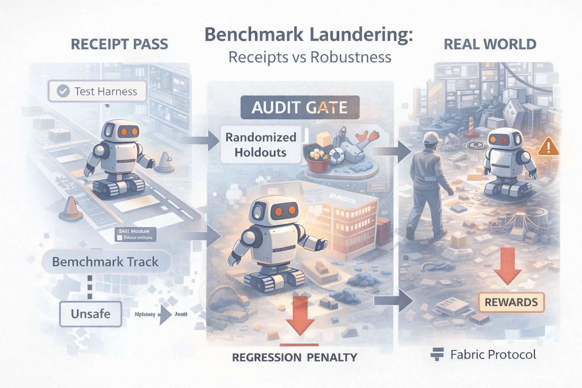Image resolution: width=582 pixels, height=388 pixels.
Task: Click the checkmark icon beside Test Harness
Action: [x=63, y=91]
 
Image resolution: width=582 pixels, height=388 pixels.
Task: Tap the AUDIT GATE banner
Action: [x=299, y=108]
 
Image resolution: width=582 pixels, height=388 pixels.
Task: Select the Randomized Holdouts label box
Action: [x=261, y=145]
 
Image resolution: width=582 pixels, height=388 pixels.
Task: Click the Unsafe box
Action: [x=91, y=314]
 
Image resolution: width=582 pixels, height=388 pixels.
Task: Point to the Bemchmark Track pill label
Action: [x=105, y=262]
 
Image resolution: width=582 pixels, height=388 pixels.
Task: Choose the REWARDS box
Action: [x=511, y=302]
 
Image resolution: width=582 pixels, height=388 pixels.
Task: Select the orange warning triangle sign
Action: [x=548, y=147]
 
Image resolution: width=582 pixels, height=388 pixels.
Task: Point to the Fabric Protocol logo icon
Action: [x=437, y=354]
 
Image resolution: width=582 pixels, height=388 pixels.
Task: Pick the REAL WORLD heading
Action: [x=490, y=44]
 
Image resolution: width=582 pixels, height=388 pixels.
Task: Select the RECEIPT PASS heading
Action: [x=119, y=44]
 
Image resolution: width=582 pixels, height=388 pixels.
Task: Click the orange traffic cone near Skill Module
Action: [x=71, y=209]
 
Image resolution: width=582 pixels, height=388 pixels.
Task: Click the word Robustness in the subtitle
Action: [x=350, y=57]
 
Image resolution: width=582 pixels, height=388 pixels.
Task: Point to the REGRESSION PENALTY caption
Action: [x=294, y=357]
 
